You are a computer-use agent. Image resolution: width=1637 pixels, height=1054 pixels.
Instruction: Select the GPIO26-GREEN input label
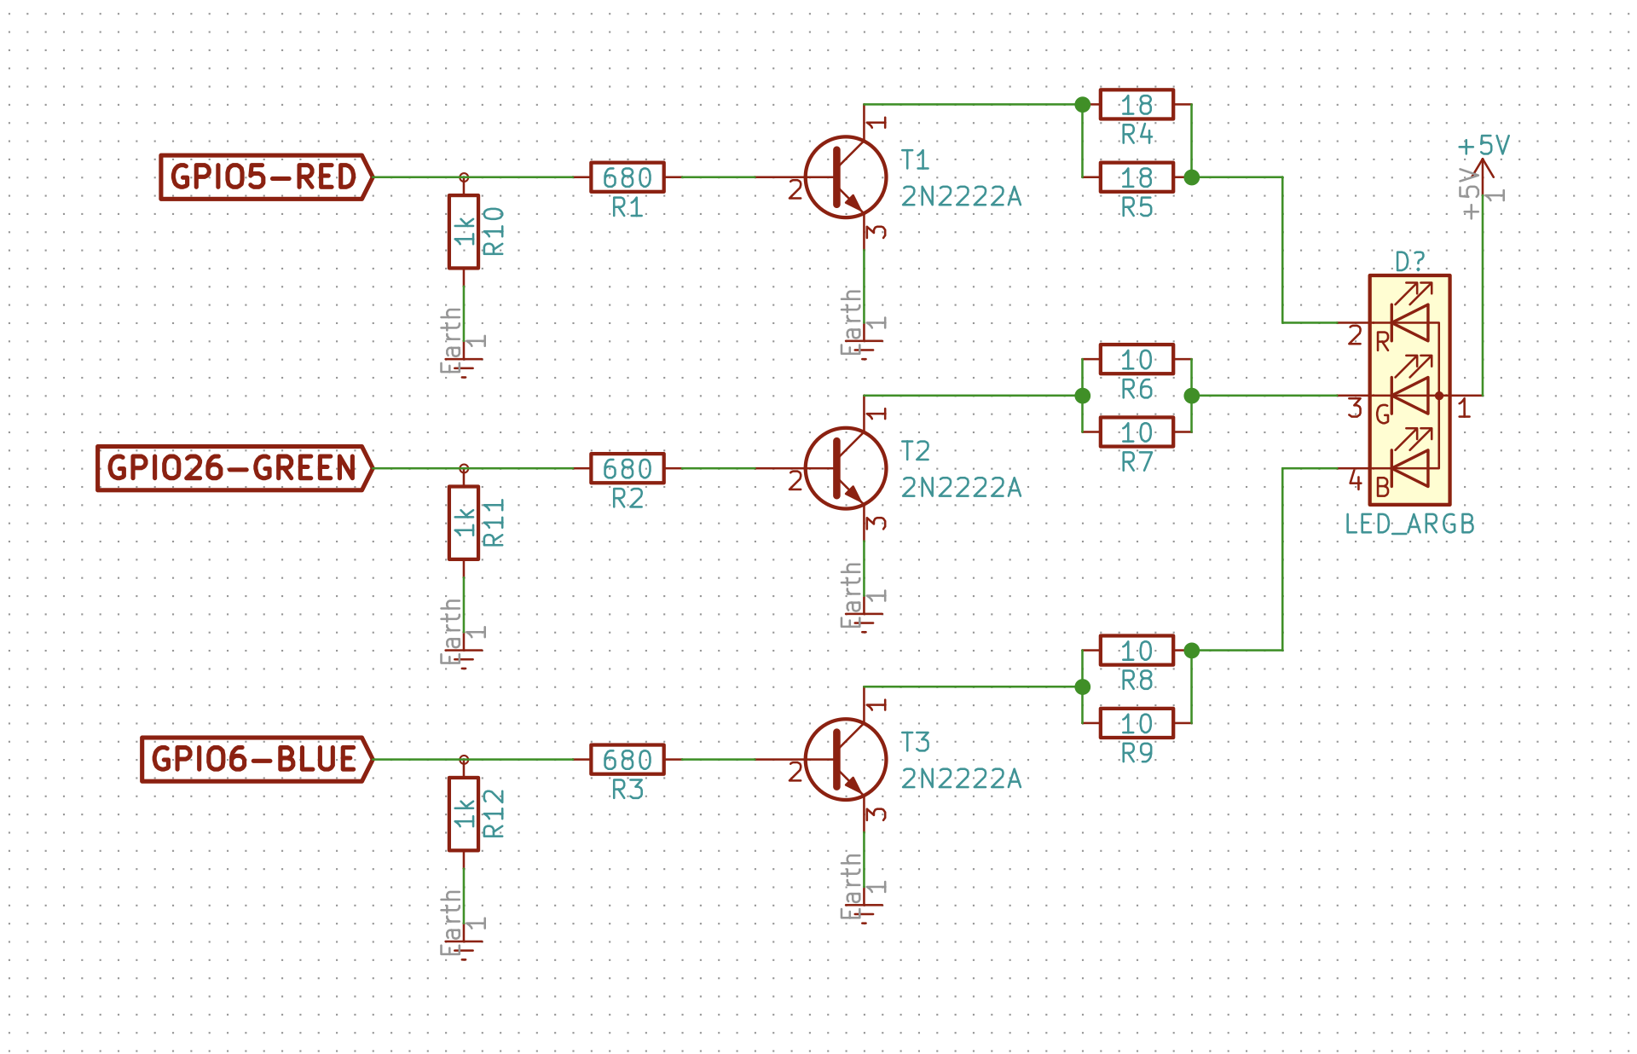[235, 468]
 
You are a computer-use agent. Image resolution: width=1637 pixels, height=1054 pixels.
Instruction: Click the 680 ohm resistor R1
[628, 177]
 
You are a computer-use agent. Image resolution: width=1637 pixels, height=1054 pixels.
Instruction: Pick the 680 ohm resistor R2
[628, 468]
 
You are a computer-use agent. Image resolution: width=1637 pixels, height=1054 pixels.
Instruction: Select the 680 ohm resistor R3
[628, 759]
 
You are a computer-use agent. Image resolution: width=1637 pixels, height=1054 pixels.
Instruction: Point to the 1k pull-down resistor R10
[464, 232]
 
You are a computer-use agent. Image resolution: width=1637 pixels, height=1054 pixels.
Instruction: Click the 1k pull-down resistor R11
[464, 523]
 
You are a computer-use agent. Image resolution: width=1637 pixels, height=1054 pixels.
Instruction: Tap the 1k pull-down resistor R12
[464, 814]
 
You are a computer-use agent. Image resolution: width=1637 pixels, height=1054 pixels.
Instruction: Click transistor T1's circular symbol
[846, 177]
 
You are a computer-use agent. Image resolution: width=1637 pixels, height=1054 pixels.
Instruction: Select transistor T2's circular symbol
[846, 468]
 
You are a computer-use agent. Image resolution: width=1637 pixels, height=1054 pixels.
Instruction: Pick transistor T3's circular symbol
[846, 759]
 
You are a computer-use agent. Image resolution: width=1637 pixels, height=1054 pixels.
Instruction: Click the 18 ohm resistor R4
[1137, 105]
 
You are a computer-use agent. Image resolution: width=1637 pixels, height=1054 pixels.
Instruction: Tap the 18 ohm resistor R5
[1137, 177]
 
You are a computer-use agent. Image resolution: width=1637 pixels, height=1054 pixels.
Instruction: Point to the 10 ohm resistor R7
[1137, 432]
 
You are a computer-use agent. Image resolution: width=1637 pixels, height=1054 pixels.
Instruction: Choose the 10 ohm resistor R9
[1137, 723]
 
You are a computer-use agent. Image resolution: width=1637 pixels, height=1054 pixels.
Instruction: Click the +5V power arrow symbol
[1484, 169]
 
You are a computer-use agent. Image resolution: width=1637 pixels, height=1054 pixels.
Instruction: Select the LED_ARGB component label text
[1409, 524]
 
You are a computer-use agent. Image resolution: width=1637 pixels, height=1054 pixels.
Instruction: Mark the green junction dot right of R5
[1192, 177]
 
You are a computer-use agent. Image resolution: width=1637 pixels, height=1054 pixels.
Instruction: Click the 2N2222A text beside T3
[961, 779]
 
